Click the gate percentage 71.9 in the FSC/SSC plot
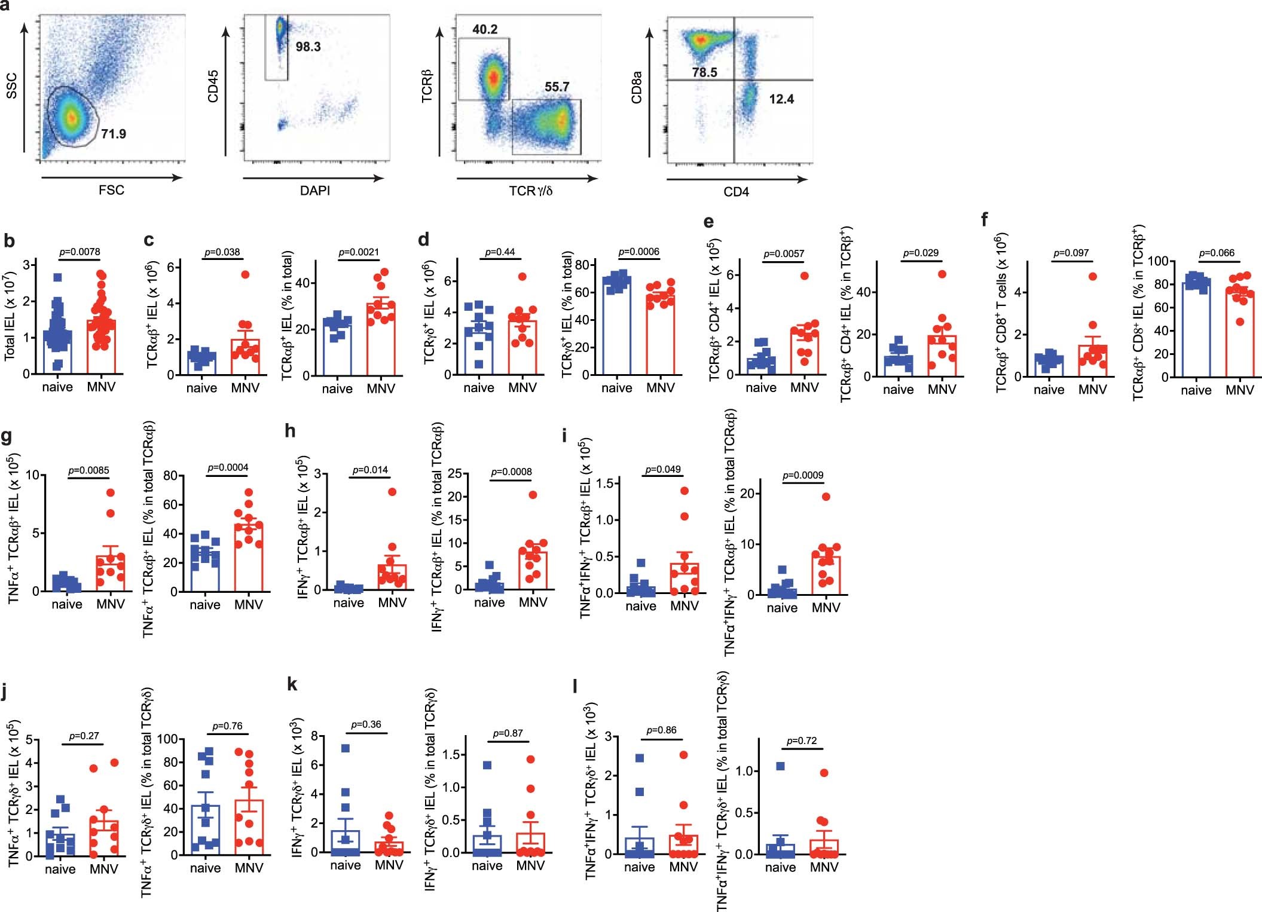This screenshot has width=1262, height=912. click(x=113, y=133)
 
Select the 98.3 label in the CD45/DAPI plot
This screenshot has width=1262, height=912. click(x=308, y=47)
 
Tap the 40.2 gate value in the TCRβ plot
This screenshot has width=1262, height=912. click(x=484, y=29)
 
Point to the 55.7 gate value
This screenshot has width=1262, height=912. click(x=557, y=87)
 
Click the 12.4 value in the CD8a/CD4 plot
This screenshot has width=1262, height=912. click(x=781, y=99)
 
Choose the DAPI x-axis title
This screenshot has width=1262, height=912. click(x=314, y=191)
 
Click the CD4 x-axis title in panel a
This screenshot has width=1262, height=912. click(x=736, y=192)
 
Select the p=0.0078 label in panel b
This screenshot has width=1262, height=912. click(x=80, y=252)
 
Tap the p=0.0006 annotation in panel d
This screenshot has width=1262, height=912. click(x=638, y=252)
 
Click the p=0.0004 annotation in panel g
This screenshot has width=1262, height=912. click(x=227, y=467)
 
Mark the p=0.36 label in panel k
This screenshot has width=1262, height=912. click(x=366, y=724)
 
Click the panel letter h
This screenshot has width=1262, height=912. click(x=291, y=430)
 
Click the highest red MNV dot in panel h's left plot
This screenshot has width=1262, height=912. click(x=392, y=492)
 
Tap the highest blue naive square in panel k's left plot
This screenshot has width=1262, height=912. click(x=345, y=748)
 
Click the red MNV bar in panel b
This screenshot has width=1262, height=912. click(x=102, y=347)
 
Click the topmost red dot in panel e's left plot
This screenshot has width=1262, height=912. click(x=805, y=276)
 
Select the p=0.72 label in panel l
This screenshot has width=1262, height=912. click(x=802, y=740)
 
